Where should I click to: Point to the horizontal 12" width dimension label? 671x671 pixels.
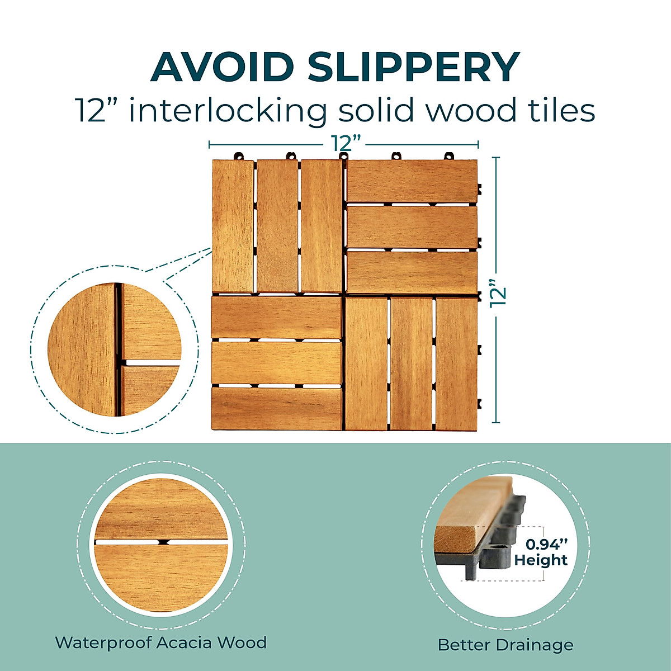click(343, 144)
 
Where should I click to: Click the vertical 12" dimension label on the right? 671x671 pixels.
click(497, 292)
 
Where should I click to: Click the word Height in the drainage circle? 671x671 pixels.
click(541, 560)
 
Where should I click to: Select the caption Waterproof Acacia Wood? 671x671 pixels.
click(161, 642)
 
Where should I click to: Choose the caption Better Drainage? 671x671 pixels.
click(505, 645)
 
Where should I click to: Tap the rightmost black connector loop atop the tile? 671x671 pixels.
click(448, 156)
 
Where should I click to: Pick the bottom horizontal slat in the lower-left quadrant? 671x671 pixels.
click(276, 408)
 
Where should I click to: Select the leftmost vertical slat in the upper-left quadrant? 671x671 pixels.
click(233, 226)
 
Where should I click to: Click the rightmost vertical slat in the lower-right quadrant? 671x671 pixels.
click(456, 363)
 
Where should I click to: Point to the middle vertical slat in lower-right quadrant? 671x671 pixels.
click(412, 363)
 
